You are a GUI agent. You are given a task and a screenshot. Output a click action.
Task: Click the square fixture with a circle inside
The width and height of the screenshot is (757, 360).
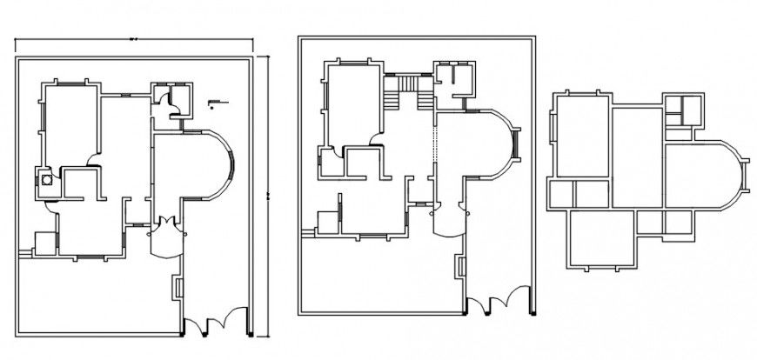(44, 182)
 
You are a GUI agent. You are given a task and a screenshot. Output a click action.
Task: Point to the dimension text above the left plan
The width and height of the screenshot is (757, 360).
(134, 38)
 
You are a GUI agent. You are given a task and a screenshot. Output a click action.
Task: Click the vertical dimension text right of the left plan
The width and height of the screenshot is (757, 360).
(267, 191)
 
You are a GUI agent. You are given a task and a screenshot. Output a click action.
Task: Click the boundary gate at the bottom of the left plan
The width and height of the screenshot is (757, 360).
(215, 325)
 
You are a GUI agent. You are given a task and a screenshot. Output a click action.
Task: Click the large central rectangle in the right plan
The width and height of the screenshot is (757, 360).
(637, 157)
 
